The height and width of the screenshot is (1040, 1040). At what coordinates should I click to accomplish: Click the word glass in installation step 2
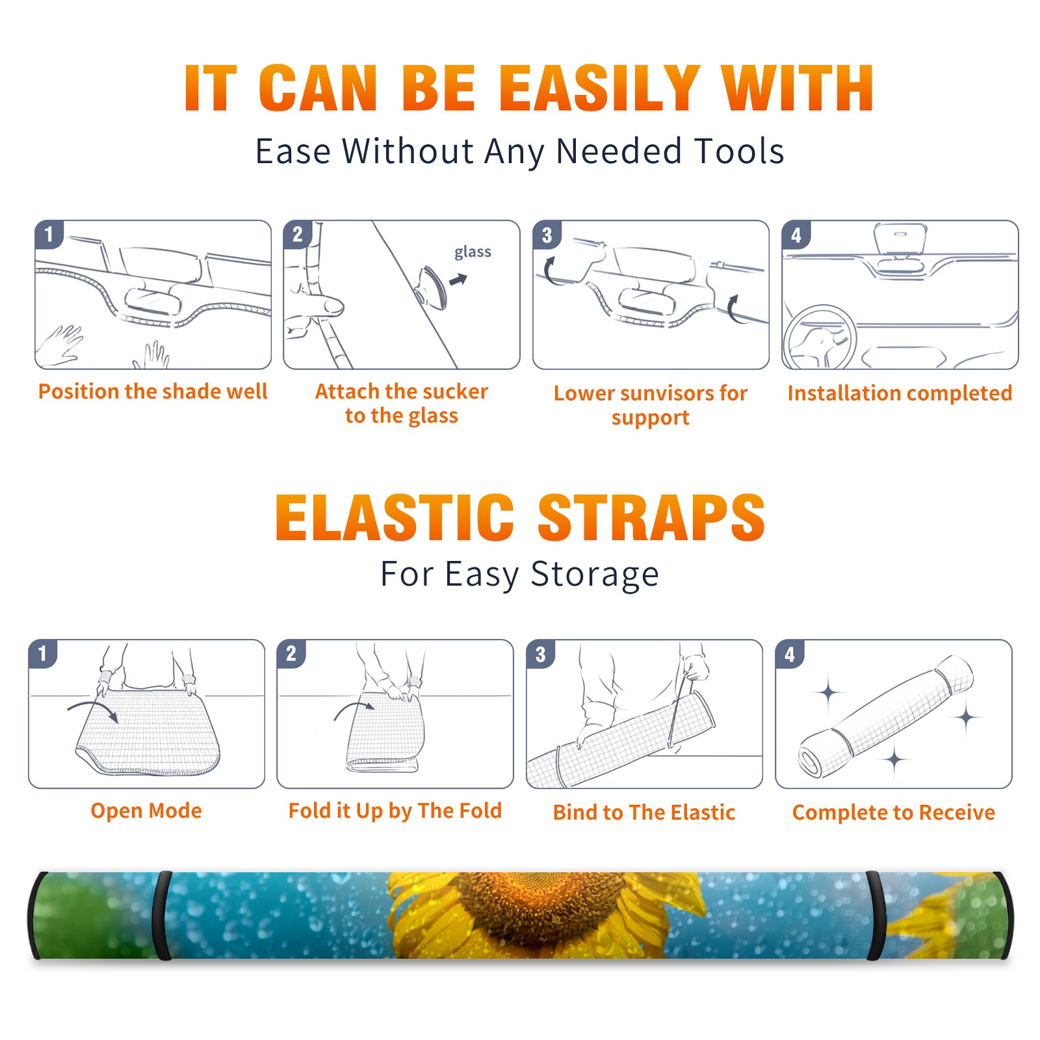(473, 252)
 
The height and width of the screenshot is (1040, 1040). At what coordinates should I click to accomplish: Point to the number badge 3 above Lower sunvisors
(547, 235)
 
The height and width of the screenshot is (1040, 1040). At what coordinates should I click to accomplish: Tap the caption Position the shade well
(153, 391)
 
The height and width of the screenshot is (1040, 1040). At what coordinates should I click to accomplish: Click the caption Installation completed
(900, 393)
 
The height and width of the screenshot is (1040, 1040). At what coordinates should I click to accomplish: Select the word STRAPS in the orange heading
(652, 517)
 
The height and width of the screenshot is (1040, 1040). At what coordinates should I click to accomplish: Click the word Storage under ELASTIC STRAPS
(595, 575)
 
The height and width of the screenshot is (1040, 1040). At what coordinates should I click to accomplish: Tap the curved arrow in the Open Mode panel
(93, 710)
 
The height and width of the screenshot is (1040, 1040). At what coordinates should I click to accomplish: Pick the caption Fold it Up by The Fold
(395, 811)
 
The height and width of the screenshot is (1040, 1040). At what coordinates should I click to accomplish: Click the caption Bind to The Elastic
(644, 812)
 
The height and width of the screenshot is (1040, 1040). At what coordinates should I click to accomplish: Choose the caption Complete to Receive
(894, 812)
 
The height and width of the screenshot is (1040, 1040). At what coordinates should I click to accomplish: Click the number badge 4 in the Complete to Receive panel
(790, 654)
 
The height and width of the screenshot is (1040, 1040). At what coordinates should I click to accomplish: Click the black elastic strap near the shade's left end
(162, 915)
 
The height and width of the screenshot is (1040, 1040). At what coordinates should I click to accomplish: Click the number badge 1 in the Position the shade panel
(49, 234)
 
